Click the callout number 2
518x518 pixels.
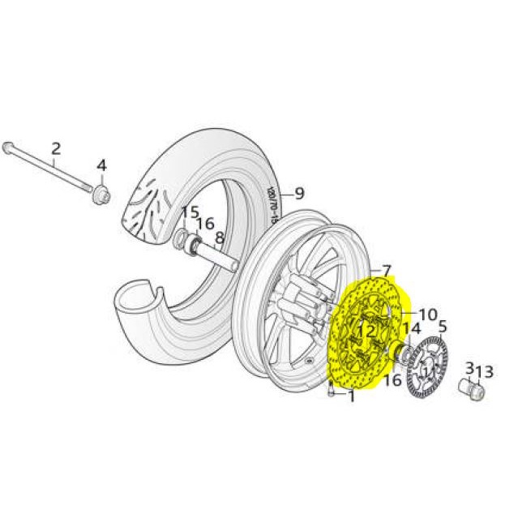coord(56,148)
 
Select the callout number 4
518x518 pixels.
coord(101,166)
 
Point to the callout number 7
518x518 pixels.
coord(386,270)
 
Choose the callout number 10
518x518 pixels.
coord(427,314)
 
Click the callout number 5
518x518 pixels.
coord(443,327)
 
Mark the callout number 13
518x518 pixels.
coord(484,372)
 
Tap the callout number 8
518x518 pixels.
coord(220,238)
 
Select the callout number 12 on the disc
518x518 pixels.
coord(366,331)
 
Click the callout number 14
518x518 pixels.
coord(411,329)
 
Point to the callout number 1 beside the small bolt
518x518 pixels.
coord(351,396)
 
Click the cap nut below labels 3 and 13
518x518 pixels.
coord(473,391)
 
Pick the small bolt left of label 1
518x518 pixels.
coord(332,392)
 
